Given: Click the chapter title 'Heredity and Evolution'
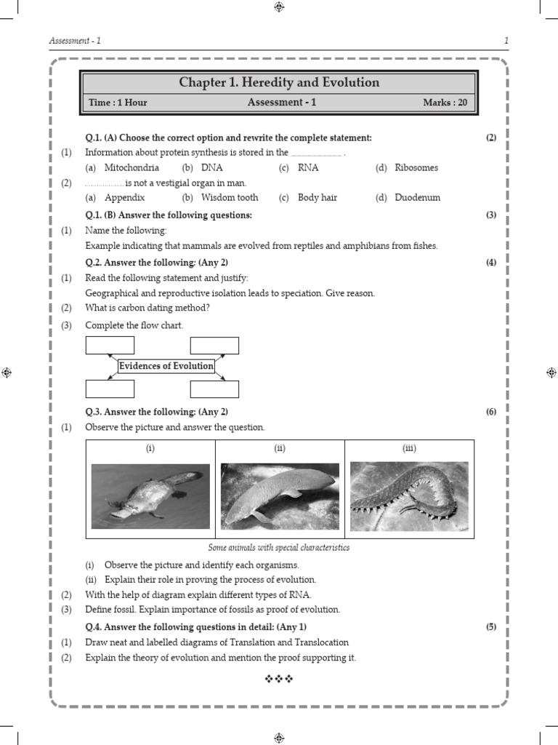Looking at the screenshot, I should pyautogui.click(x=279, y=83).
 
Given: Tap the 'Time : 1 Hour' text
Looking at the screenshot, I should pyautogui.click(x=118, y=103).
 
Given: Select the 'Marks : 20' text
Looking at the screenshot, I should pyautogui.click(x=445, y=103).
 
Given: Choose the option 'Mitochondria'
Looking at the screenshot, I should pyautogui.click(x=132, y=168).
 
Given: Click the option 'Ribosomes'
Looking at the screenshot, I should pyautogui.click(x=416, y=168).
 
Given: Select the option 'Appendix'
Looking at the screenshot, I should pyautogui.click(x=124, y=198).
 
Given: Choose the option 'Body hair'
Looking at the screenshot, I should pyautogui.click(x=318, y=198).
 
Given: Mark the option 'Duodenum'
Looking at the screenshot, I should pyautogui.click(x=417, y=198).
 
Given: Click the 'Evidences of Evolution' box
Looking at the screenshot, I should pyautogui.click(x=166, y=366).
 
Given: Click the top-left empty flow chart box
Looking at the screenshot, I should pyautogui.click(x=110, y=345).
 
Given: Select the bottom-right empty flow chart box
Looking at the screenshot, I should pyautogui.click(x=214, y=389).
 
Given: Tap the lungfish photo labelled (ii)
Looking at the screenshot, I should pyautogui.click(x=280, y=496).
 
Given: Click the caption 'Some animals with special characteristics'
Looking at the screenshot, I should pyautogui.click(x=279, y=548).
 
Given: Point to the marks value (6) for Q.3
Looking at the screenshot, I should pyautogui.click(x=491, y=412).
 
